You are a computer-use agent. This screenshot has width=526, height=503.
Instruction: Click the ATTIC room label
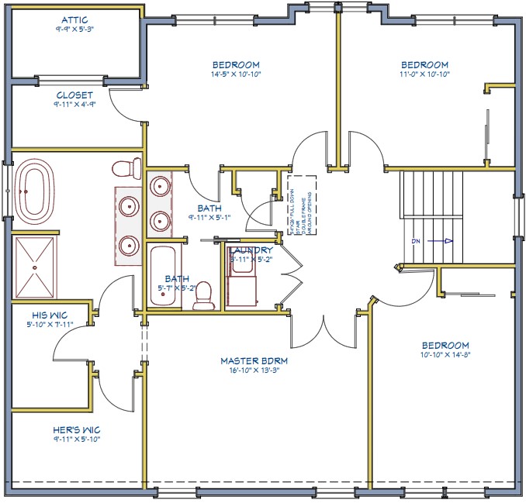click(74, 18)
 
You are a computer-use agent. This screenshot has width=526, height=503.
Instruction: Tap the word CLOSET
click(74, 95)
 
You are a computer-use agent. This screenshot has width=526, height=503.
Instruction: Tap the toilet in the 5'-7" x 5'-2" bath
click(203, 295)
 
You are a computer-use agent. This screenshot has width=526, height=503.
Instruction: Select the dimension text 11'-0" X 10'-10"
click(424, 75)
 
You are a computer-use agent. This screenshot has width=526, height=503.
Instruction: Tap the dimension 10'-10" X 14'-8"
click(445, 356)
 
